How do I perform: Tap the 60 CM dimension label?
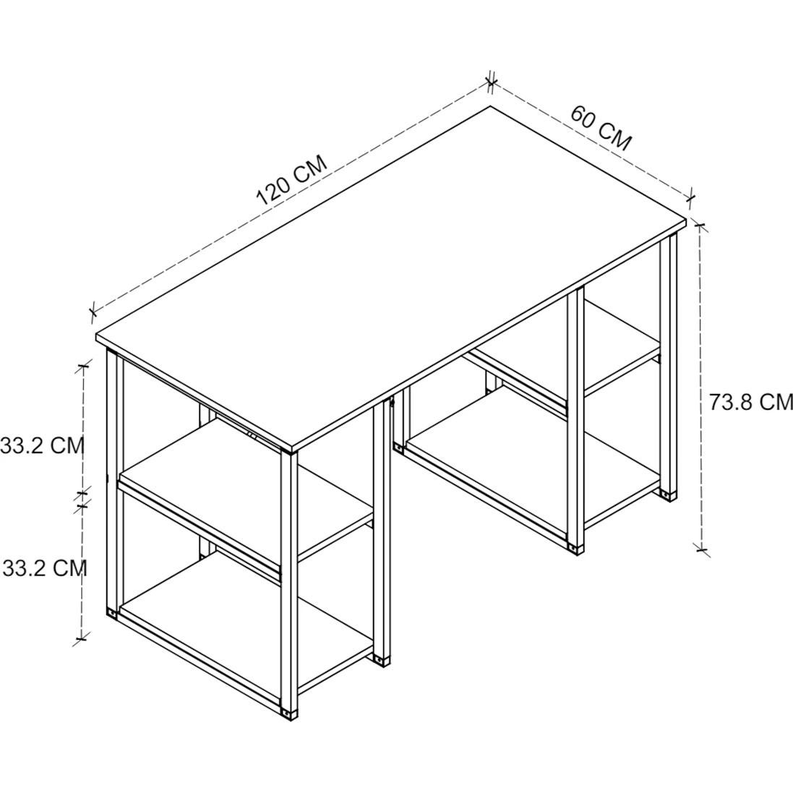click(601, 128)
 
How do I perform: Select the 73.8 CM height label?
click(750, 402)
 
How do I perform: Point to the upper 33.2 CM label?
click(41, 445)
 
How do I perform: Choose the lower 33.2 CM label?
click(45, 568)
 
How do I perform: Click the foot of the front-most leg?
click(288, 714)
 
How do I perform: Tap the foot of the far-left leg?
click(111, 613)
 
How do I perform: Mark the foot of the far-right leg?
click(669, 494)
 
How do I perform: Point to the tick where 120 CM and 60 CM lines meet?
click(490, 83)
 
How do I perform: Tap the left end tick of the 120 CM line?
click(92, 312)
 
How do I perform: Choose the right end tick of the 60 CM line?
click(691, 198)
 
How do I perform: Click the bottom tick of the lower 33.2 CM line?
click(81, 638)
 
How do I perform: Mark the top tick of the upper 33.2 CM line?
click(83, 366)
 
